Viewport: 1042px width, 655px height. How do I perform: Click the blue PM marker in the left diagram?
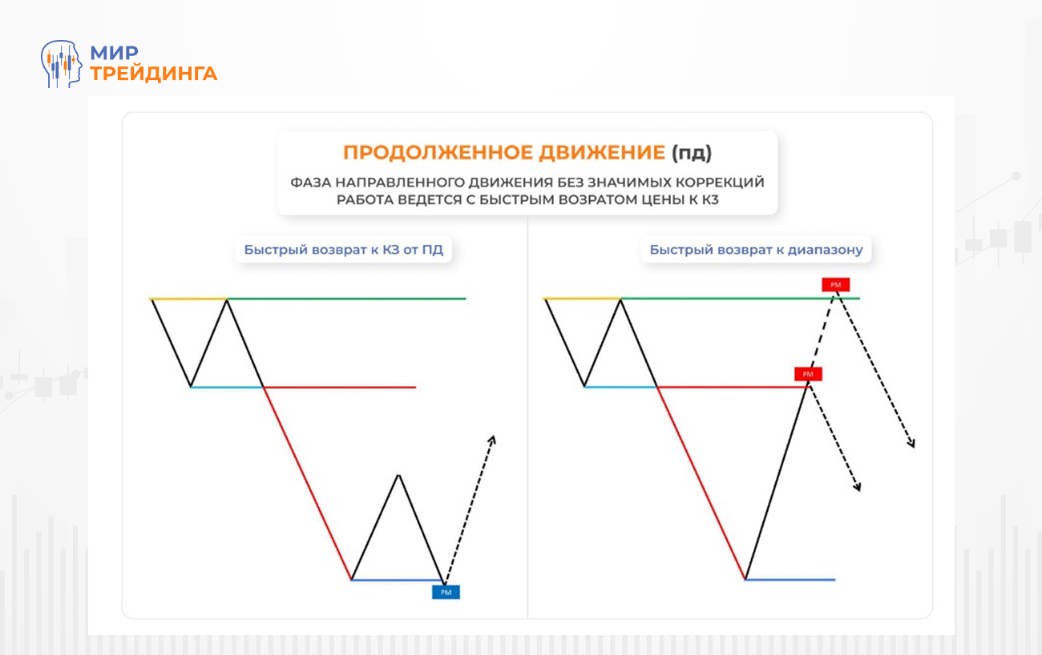point(446,593)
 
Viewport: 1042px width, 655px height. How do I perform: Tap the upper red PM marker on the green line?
point(835,284)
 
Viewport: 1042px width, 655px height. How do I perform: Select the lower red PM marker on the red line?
point(808,374)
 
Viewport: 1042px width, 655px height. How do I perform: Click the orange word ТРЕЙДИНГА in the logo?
point(153,74)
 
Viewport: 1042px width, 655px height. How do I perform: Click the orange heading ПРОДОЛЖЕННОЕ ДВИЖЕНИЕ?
point(503,153)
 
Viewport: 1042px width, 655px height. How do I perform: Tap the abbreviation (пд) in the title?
point(691,153)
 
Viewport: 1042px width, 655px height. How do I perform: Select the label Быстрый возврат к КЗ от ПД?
point(343,250)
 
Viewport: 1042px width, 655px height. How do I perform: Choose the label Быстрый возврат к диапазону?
point(756,250)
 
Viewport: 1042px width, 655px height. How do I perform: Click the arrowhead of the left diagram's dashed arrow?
point(493,438)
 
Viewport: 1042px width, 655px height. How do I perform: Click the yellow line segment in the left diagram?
point(188,299)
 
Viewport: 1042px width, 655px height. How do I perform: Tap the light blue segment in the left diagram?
point(227,387)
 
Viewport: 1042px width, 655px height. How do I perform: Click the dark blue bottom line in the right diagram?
point(790,579)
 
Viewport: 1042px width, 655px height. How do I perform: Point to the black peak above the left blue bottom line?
point(398,476)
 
